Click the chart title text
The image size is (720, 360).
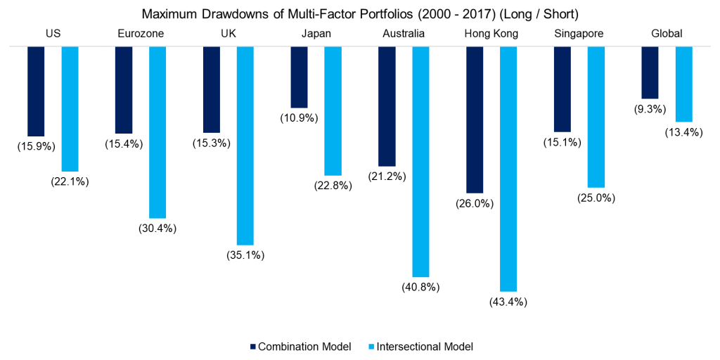(x=360, y=13)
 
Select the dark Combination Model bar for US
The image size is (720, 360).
(x=36, y=91)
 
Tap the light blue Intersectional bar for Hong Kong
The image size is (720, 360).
(x=508, y=169)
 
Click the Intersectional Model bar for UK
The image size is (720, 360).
(x=245, y=145)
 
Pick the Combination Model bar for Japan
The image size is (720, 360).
(x=299, y=77)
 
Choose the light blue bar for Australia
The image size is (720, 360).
(x=420, y=161)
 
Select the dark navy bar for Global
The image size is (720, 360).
(x=650, y=72)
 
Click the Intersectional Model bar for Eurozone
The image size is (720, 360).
(x=157, y=132)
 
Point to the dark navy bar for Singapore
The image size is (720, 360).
(x=562, y=89)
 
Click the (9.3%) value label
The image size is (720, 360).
(x=650, y=110)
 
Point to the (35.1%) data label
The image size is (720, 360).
(x=245, y=255)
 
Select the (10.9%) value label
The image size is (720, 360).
(x=300, y=118)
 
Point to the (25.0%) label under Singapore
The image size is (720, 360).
(x=596, y=198)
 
